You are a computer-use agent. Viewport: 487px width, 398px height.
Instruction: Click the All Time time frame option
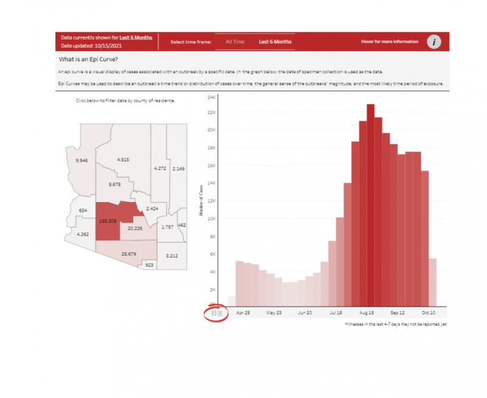click(x=235, y=42)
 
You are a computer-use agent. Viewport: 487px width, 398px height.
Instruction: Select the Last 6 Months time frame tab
click(x=275, y=42)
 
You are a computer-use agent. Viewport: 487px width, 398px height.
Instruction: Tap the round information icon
click(x=433, y=42)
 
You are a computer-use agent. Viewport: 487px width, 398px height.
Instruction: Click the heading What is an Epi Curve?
click(x=88, y=60)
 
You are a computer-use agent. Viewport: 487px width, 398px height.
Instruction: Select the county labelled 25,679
click(x=129, y=253)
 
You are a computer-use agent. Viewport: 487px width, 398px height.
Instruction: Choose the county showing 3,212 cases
click(x=172, y=256)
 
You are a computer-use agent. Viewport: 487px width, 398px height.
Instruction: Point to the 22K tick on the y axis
click(x=212, y=113)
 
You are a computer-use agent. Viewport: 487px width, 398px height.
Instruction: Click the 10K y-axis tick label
click(x=212, y=219)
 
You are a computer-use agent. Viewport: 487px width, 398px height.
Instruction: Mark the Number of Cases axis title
click(x=201, y=201)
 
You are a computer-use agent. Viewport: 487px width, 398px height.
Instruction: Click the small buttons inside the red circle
click(x=217, y=313)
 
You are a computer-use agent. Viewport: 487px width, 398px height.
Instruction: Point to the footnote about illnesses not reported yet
click(x=396, y=324)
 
